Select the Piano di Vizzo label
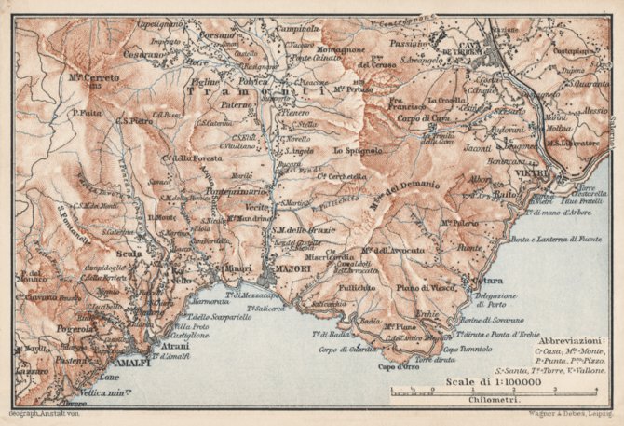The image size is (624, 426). point(429,289)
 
